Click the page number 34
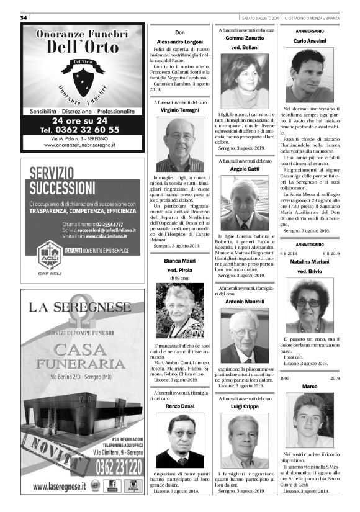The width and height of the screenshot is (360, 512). (24, 17)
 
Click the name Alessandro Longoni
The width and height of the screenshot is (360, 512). (180, 41)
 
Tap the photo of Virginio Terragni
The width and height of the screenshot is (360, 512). (179, 145)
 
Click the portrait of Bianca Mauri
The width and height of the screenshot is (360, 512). (179, 310)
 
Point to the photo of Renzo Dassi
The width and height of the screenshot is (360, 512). (179, 440)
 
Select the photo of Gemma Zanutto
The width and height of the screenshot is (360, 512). (245, 81)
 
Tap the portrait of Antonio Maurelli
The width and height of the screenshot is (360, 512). (245, 335)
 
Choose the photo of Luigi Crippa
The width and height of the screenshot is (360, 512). (245, 440)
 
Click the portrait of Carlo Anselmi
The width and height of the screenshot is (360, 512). (309, 75)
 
